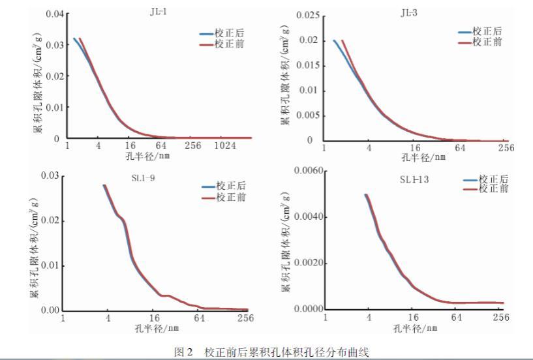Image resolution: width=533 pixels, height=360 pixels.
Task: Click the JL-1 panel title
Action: (x=158, y=10)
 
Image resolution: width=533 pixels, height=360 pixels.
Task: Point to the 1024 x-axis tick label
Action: (x=225, y=147)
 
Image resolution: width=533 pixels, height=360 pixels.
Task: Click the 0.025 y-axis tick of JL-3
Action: (x=307, y=15)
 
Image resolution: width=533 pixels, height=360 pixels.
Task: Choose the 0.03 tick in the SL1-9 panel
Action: (x=49, y=175)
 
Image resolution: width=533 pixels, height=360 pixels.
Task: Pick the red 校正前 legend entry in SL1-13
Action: (x=485, y=188)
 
